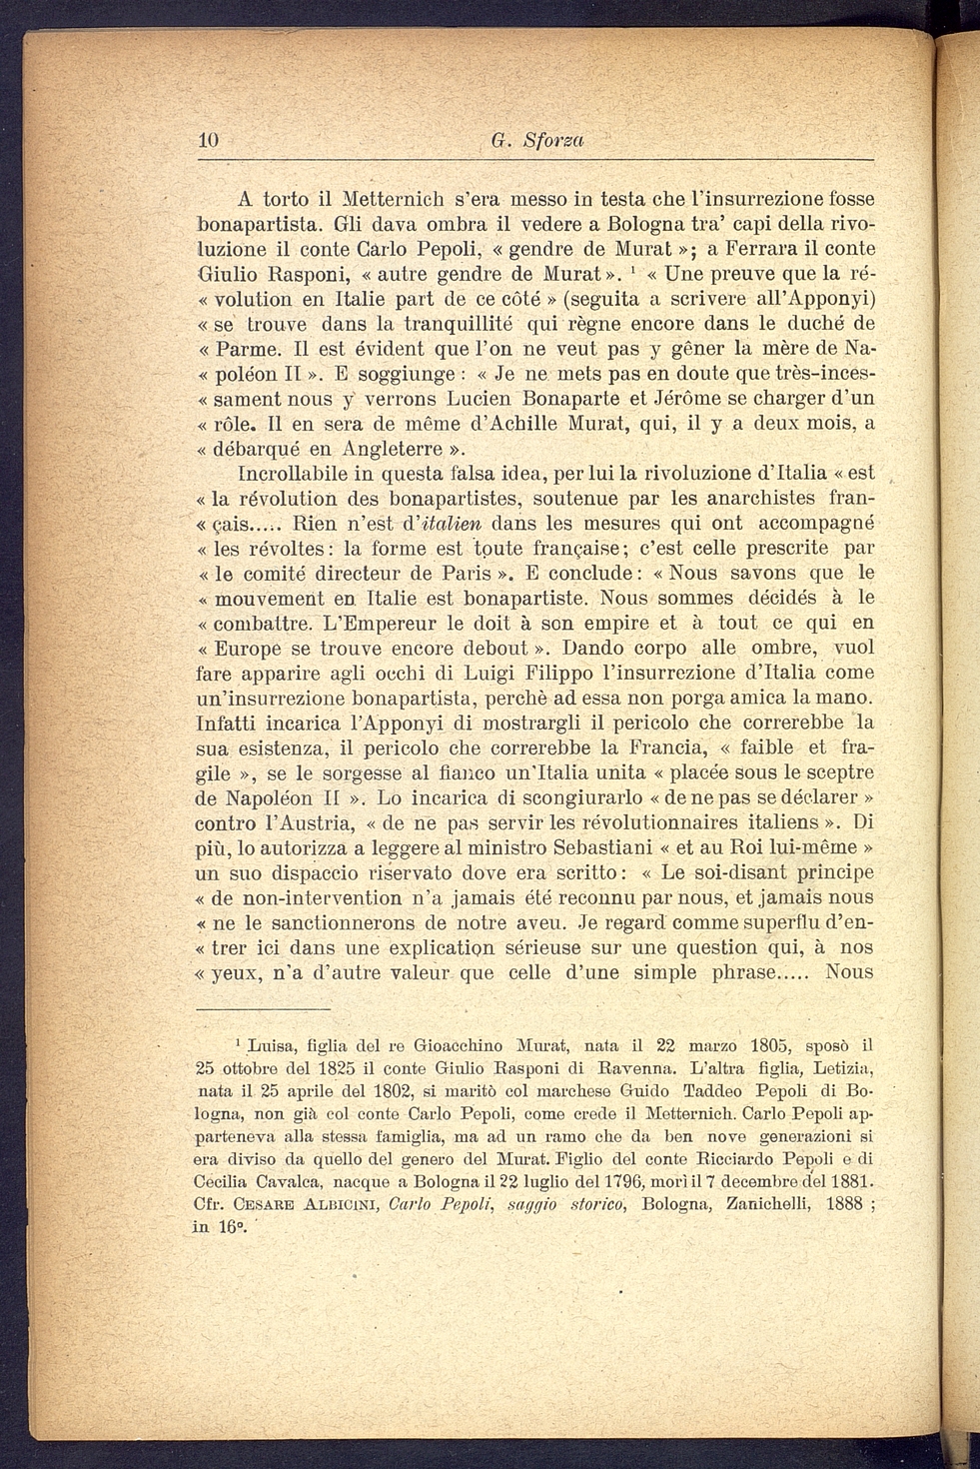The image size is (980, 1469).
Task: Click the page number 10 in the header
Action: (x=209, y=141)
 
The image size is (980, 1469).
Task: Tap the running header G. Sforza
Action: (x=537, y=142)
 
